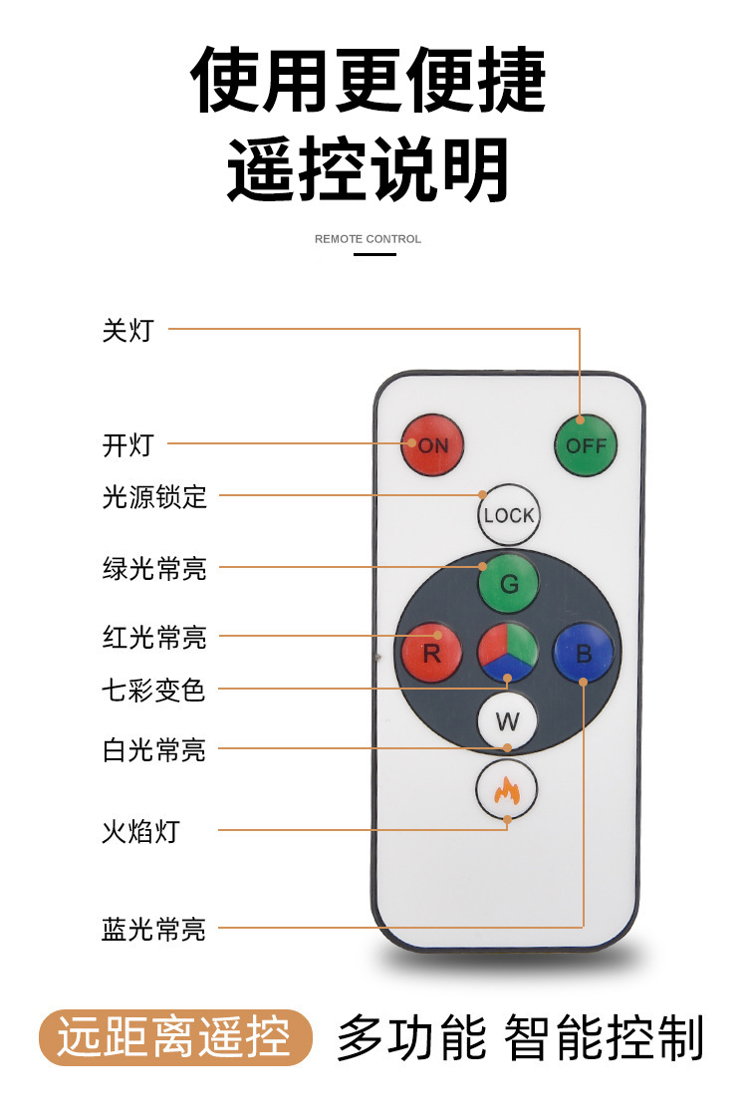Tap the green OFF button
tap(586, 445)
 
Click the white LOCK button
tap(509, 515)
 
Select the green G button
tap(508, 584)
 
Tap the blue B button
tap(584, 654)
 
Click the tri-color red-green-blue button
tap(508, 654)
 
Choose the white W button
tap(507, 721)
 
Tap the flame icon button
tap(507, 790)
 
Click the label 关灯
tap(128, 331)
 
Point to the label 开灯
tap(128, 445)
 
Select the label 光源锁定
tap(154, 496)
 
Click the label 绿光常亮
tap(154, 569)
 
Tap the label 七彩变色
tap(154, 690)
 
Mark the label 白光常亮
tap(154, 750)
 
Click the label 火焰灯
tap(141, 831)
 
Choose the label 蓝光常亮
tap(154, 930)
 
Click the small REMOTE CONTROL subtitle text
tap(368, 239)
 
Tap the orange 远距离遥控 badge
tap(175, 1037)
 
